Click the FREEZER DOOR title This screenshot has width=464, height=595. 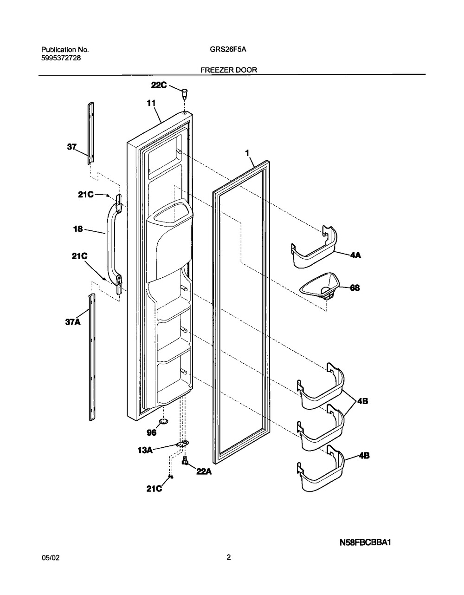229,70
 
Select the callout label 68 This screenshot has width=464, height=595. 354,288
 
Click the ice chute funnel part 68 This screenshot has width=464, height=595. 320,288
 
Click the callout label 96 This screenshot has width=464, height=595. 151,432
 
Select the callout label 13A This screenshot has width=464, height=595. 145,450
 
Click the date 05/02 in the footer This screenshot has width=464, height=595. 50,558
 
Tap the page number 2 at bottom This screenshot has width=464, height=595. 228,558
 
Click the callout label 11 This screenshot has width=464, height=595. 151,104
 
